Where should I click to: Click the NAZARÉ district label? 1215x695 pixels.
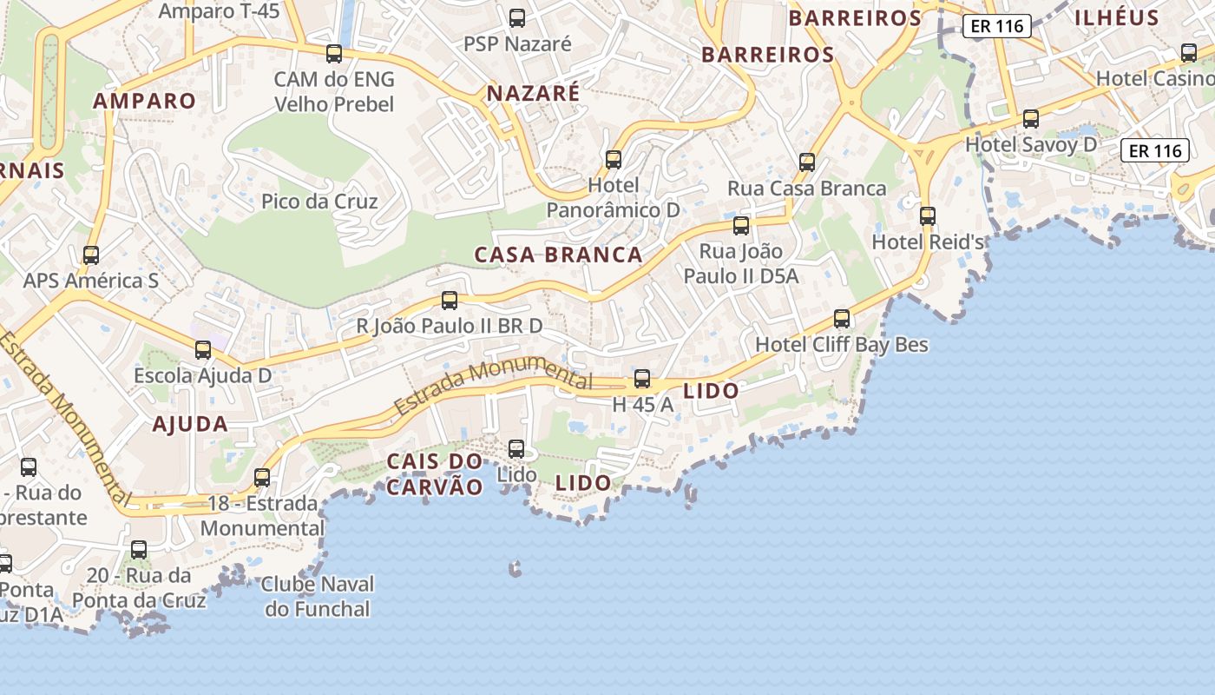533,93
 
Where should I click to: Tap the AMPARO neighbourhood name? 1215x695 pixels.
145,101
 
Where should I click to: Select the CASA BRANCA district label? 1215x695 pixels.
558,255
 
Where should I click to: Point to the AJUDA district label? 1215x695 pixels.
190,424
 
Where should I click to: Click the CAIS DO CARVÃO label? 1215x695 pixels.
434,473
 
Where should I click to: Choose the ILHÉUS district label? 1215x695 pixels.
1117,17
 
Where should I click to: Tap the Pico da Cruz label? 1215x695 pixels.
319,202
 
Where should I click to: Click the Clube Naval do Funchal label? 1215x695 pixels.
318,596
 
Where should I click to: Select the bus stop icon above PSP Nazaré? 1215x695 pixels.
517,17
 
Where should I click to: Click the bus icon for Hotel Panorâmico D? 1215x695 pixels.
614,160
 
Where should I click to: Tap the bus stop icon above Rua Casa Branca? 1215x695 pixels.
807,162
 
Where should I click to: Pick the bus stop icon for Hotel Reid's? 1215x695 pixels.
928,215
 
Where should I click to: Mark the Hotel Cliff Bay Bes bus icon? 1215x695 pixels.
842,319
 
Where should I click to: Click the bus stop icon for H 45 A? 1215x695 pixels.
642,379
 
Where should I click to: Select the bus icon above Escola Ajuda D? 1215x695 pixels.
203,350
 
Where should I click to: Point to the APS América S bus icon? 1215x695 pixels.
91,255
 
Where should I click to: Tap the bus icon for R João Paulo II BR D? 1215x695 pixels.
450,301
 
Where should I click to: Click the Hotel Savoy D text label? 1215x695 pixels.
1031,144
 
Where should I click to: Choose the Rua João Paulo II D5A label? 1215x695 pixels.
741,263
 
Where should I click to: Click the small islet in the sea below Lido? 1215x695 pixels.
516,570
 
